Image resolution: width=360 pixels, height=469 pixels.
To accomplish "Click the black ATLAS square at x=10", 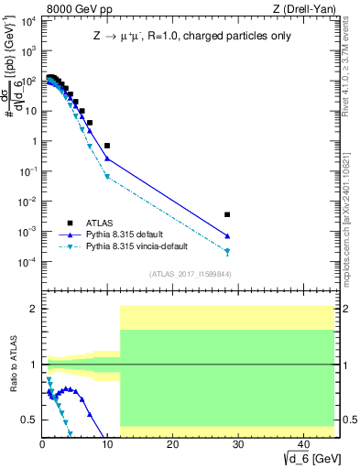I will point(107,146).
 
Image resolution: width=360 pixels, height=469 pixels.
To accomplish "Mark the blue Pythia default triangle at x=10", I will point(107,158).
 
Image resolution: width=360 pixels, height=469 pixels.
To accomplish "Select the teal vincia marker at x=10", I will point(107,176).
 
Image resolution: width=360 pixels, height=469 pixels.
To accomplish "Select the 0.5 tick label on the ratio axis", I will point(30,420).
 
